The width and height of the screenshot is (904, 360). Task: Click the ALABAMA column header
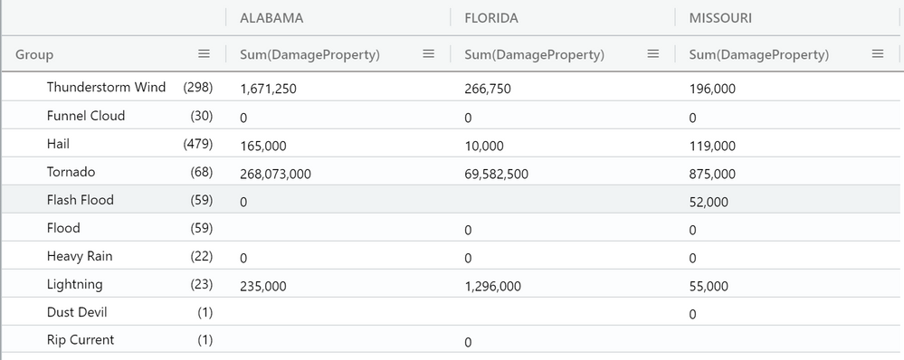271,18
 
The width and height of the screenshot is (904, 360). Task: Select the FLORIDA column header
491,18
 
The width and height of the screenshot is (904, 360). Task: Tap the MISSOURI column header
720,18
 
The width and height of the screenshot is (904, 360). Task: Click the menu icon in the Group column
205,53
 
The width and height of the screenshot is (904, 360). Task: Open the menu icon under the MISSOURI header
878,53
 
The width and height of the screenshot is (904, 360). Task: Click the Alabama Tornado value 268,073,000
276,174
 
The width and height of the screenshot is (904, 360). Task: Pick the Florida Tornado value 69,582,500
497,174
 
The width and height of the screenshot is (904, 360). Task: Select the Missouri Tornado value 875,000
712,174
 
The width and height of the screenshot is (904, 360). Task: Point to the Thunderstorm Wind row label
106,87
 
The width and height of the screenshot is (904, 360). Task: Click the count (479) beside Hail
198,144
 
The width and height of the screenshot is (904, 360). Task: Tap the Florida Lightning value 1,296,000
493,286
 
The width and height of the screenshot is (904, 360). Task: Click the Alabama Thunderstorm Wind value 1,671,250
269,90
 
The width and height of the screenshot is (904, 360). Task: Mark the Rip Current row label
81,340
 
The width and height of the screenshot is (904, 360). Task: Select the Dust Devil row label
77,312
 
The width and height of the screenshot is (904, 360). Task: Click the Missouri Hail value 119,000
712,146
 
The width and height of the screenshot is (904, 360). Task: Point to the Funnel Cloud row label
86,116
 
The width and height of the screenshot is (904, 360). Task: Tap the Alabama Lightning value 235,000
263,286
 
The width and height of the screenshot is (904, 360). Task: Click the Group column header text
34,54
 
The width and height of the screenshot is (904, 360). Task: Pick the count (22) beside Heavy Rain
201,256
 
